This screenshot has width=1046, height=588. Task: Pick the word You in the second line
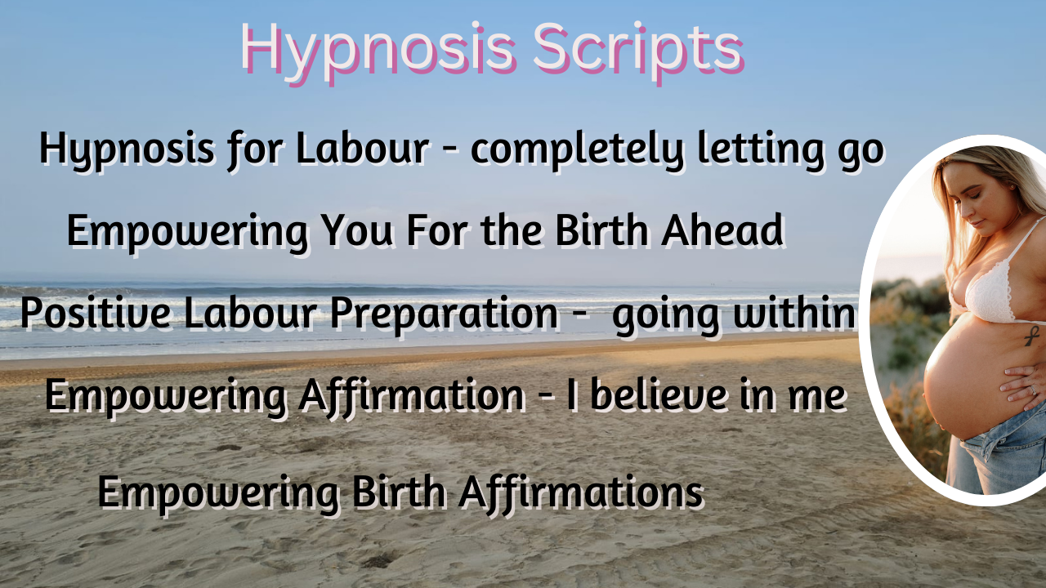pyautogui.click(x=356, y=231)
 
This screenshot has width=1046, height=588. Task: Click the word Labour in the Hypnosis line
pyautogui.click(x=361, y=149)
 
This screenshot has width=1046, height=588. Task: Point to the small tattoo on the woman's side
pyautogui.click(x=1034, y=333)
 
